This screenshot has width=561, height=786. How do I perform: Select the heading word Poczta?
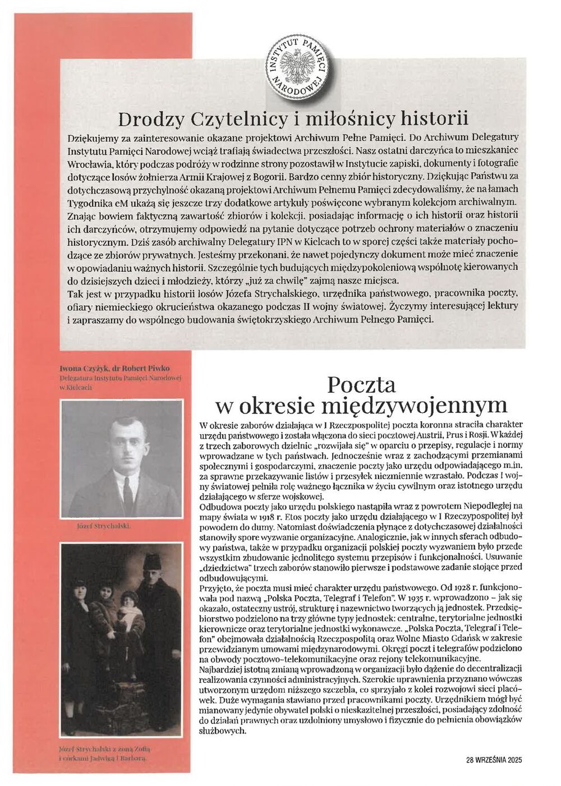click(x=362, y=385)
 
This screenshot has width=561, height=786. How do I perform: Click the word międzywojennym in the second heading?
click(x=426, y=405)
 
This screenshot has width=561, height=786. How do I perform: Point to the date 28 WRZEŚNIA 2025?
click(x=494, y=760)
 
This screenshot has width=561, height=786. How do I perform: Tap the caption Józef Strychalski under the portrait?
click(x=103, y=528)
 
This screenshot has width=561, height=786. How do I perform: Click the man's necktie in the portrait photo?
click(x=128, y=489)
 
